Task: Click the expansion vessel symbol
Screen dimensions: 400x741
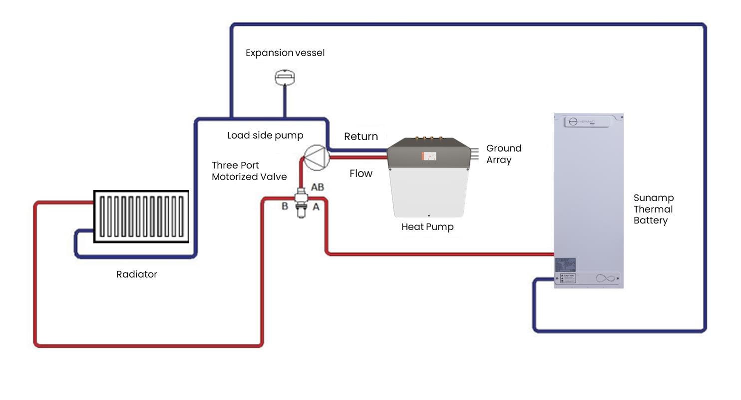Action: point(285,77)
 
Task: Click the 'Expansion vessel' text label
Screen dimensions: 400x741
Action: point(285,53)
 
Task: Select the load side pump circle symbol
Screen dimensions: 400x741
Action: point(315,156)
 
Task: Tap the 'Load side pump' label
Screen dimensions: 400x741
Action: point(265,135)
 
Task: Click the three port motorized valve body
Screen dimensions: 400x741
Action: point(301,202)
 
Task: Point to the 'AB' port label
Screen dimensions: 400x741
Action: point(318,187)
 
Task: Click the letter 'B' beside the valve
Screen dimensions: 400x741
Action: point(285,206)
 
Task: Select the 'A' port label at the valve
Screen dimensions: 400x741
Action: point(316,206)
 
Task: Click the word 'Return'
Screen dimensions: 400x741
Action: point(361,136)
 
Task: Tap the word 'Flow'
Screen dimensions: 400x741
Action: point(361,173)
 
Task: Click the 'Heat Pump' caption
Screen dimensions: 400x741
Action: point(427,227)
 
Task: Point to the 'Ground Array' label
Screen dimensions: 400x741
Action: point(503,154)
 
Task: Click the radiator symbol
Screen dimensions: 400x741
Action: point(142,216)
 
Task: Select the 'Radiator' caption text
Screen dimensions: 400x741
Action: point(136,274)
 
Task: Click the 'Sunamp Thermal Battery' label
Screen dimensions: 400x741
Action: point(653,209)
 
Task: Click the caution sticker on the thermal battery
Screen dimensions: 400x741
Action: point(568,278)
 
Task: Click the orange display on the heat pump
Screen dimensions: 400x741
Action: point(428,156)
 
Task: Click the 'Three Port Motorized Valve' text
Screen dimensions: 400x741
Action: point(249,171)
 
